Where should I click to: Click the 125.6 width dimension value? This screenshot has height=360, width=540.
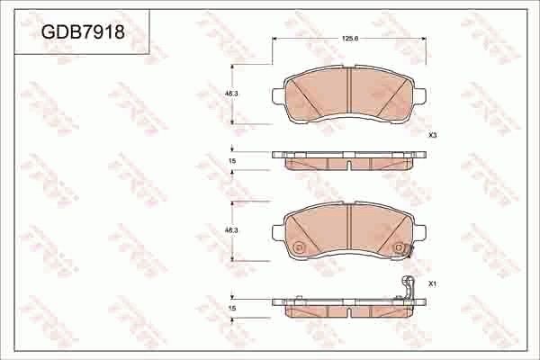point(349,39)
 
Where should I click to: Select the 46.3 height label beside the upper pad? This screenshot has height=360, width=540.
point(230,93)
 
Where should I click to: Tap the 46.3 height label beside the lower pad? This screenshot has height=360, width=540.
point(230,231)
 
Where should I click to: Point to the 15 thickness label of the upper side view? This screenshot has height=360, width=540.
point(232,160)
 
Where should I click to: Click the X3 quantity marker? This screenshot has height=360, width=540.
point(432,135)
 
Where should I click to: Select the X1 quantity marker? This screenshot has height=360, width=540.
point(432,284)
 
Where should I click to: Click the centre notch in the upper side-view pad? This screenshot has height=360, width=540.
point(349,165)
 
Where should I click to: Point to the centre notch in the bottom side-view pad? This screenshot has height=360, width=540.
point(349,311)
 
